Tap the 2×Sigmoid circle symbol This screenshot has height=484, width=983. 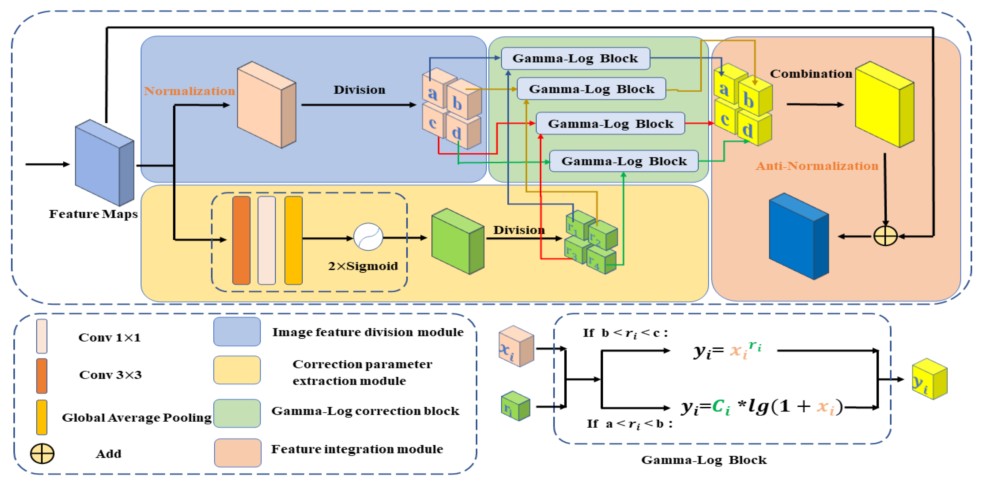[x=368, y=237]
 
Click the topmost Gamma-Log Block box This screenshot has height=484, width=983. [x=575, y=58]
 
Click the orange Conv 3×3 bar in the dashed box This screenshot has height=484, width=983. [x=241, y=241]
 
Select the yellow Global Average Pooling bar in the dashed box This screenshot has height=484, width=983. [x=293, y=241]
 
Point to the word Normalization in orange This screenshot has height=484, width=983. [x=189, y=91]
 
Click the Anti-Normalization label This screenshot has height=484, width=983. [x=817, y=166]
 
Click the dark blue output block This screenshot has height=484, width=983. [x=798, y=237]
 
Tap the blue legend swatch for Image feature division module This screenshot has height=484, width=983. [x=237, y=332]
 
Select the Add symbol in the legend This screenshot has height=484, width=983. [x=42, y=453]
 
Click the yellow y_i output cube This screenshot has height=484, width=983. [x=929, y=379]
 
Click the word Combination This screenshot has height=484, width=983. [x=811, y=74]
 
